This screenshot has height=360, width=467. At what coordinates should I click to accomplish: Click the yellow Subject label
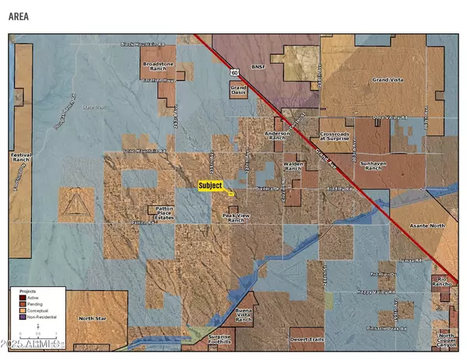click(x=210, y=185)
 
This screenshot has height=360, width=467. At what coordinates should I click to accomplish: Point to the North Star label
click(x=93, y=318)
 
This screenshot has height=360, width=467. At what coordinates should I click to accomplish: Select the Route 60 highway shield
click(x=233, y=72)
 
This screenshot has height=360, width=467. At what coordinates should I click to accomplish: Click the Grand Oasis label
click(x=238, y=91)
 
